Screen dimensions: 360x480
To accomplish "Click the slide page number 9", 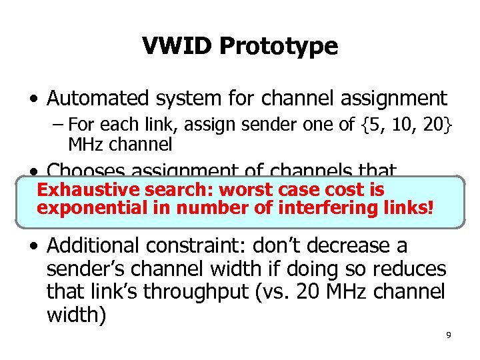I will (449, 335).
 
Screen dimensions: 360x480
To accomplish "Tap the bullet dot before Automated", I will (33, 99).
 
